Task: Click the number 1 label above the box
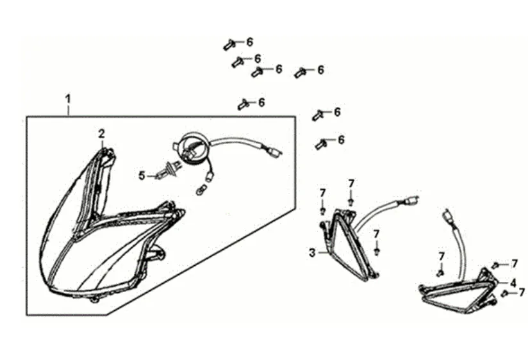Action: click(67, 99)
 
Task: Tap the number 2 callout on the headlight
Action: click(101, 134)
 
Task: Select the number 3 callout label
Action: click(312, 253)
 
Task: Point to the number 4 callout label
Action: click(513, 282)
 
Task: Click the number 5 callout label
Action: click(142, 174)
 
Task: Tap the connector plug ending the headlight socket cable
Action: click(275, 154)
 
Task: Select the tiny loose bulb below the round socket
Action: click(201, 189)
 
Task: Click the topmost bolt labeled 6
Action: click(230, 44)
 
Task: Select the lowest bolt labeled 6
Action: click(321, 144)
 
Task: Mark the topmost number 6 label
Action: click(249, 42)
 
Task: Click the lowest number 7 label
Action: click(522, 292)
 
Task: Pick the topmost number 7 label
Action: click(351, 184)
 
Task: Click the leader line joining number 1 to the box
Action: click(68, 110)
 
